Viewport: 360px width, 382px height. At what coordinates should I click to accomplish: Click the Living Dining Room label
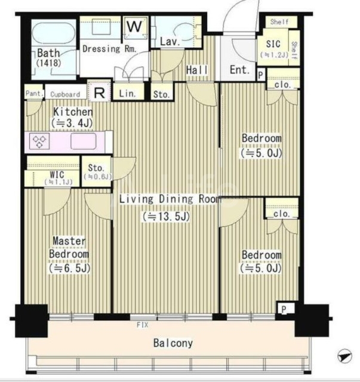tap(170, 199)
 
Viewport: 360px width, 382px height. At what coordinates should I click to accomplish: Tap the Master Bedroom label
tap(69, 248)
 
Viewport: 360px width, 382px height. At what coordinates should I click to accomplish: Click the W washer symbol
tap(134, 26)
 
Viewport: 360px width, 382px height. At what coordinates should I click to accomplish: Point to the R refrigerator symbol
tap(99, 93)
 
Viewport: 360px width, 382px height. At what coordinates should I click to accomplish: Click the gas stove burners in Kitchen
tap(39, 141)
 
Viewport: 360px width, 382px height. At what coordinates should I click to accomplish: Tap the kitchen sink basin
tap(84, 141)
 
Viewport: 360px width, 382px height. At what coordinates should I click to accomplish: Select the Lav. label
tap(170, 41)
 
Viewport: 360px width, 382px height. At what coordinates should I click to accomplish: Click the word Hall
tap(196, 70)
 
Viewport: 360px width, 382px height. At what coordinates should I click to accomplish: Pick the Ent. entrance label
tap(240, 70)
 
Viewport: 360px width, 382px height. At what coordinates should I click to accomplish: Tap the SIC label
tap(273, 44)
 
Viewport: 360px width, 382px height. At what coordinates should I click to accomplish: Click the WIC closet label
tap(57, 174)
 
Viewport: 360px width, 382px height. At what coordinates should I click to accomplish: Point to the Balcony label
tap(173, 343)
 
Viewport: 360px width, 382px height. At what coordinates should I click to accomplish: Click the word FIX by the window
tap(142, 325)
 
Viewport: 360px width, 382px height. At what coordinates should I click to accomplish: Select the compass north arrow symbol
tap(345, 356)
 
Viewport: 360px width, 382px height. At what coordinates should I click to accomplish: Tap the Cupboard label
tap(65, 94)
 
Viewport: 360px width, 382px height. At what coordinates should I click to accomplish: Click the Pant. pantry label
tap(35, 93)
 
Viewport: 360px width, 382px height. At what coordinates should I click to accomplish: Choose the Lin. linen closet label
tap(127, 94)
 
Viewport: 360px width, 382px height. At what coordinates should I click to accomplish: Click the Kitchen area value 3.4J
tap(72, 123)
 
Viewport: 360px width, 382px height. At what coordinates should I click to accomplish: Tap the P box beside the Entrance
tap(260, 75)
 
